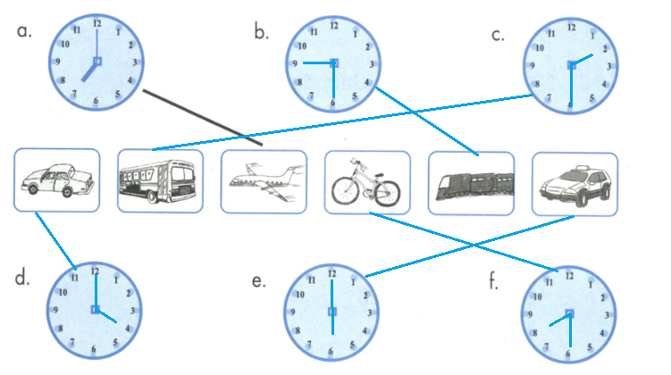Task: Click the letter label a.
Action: coord(25,31)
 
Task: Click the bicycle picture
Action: coord(367,183)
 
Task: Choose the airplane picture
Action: coord(263,183)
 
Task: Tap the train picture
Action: coord(471,184)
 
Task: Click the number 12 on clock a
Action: coord(96,22)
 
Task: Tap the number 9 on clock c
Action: coord(533,66)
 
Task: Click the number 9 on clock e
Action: coord(295,312)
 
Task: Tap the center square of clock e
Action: coord(332,312)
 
